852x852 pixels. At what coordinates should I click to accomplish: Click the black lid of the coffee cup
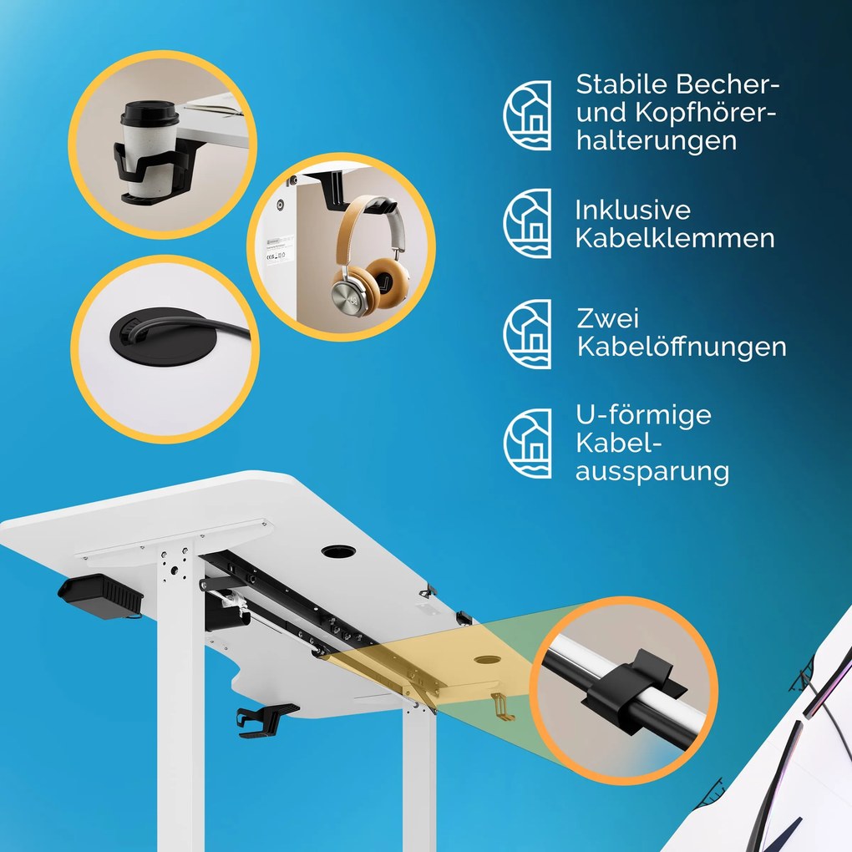click(x=150, y=114)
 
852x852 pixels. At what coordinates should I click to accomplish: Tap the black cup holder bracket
click(x=153, y=170)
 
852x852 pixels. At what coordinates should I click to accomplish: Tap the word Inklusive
click(x=632, y=210)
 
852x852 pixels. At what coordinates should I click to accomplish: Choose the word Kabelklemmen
click(x=675, y=238)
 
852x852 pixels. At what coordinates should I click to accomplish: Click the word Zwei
click(x=607, y=318)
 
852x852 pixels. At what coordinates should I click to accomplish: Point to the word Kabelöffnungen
click(x=682, y=347)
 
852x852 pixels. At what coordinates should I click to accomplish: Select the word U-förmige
click(x=643, y=416)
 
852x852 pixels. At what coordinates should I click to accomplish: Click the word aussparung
click(x=652, y=472)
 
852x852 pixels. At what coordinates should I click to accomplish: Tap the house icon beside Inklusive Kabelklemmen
click(x=527, y=223)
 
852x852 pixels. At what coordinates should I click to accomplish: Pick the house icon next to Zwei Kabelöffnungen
click(x=527, y=334)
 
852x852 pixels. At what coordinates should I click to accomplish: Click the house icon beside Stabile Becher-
click(x=527, y=115)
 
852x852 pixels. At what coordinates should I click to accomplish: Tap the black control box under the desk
click(x=100, y=597)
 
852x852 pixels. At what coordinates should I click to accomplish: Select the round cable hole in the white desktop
click(x=338, y=551)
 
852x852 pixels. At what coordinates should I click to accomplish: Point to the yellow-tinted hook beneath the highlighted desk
click(x=502, y=707)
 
